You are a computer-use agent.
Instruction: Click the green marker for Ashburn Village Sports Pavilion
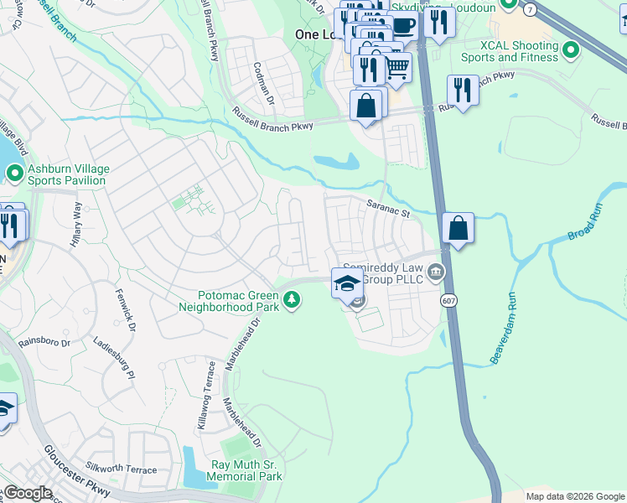pyautogui.click(x=14, y=174)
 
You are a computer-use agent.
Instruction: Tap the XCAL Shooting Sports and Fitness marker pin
pyautogui.click(x=572, y=51)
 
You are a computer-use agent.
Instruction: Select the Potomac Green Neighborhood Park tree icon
pyautogui.click(x=291, y=299)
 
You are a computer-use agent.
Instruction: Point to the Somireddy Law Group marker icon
pyautogui.click(x=436, y=272)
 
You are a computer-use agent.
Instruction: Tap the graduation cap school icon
pyautogui.click(x=346, y=283)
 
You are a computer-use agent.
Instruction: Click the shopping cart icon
pyautogui.click(x=396, y=67)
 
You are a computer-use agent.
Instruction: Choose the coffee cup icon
pyautogui.click(x=403, y=24)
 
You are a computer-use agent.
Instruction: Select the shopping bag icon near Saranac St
pyautogui.click(x=459, y=227)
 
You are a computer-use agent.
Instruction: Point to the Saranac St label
pyautogui.click(x=386, y=207)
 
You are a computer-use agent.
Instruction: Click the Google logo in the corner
pyautogui.click(x=27, y=493)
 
